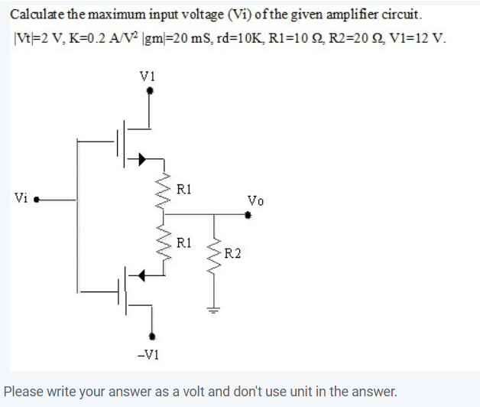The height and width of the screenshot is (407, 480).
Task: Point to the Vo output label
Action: (256, 201)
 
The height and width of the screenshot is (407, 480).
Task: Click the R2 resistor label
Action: (232, 253)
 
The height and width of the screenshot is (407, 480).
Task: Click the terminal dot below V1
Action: (150, 90)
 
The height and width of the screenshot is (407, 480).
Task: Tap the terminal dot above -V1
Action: (153, 335)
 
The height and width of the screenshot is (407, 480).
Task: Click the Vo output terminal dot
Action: (247, 216)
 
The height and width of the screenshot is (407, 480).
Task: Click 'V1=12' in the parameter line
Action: (413, 37)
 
